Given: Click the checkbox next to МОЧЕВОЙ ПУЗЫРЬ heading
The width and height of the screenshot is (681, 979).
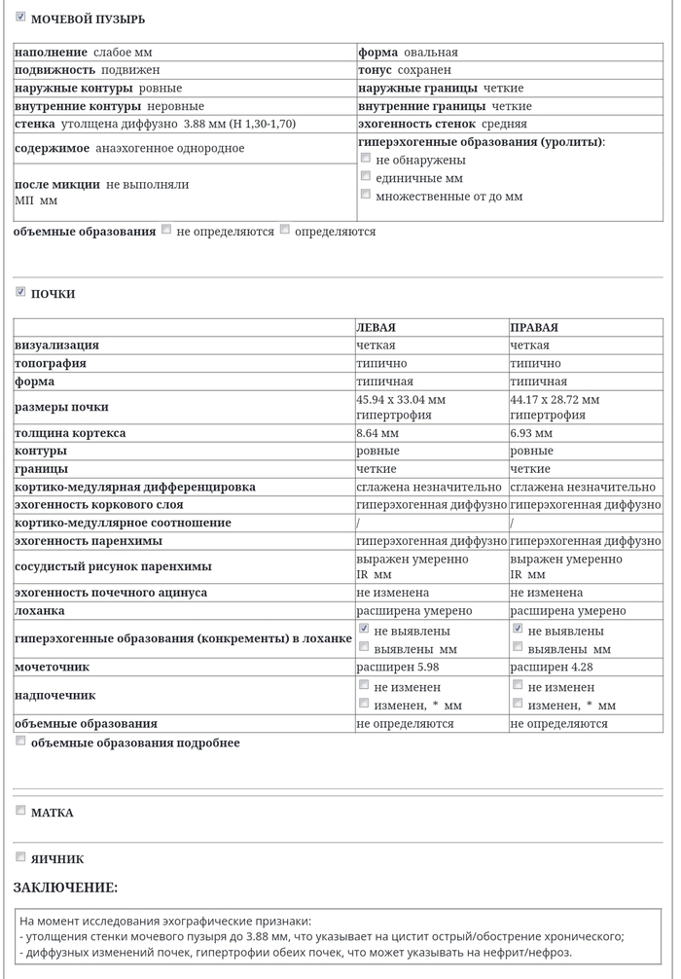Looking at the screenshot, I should click(x=20, y=17).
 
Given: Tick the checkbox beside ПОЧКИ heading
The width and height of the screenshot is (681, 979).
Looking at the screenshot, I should click(x=20, y=292).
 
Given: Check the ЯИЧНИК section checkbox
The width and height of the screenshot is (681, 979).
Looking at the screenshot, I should click(x=20, y=857).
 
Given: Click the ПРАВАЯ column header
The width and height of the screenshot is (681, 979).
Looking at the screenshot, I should click(x=534, y=328).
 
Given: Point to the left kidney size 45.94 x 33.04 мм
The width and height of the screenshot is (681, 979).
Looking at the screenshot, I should click(x=401, y=400).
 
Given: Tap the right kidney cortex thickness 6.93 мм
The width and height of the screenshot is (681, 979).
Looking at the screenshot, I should click(x=530, y=433).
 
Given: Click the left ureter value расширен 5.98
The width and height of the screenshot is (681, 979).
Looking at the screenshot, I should click(x=390, y=668).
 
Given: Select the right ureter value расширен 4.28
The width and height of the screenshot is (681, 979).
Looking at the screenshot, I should click(x=544, y=668).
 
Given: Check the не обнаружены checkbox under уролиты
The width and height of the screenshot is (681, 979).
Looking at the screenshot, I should click(x=366, y=158).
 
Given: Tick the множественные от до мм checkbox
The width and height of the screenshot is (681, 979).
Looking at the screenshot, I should click(x=366, y=195).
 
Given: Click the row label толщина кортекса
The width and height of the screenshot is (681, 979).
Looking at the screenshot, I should click(x=70, y=433).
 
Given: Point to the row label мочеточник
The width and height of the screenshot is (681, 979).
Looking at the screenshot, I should click(x=52, y=668).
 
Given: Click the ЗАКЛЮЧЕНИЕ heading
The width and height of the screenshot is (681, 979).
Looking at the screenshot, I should click(x=65, y=888).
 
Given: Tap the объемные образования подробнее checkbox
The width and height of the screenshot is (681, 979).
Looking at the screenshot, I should click(x=20, y=742).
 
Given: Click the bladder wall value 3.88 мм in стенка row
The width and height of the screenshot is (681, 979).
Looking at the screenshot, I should click(x=203, y=125).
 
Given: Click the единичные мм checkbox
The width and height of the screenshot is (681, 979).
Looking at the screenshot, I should click(x=366, y=176).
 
